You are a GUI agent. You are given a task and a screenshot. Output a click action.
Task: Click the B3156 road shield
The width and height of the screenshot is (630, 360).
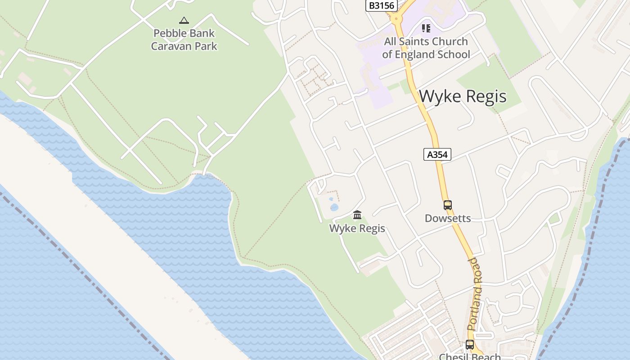[381, 6]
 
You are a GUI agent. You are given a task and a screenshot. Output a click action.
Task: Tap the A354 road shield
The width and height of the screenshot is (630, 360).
[437, 154]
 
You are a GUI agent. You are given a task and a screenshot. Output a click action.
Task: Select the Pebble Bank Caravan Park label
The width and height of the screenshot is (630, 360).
[184, 40]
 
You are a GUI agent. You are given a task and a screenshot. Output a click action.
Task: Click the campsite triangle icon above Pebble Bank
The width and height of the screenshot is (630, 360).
[184, 20]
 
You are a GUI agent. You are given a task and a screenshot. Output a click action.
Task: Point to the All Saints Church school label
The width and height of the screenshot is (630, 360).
[426, 48]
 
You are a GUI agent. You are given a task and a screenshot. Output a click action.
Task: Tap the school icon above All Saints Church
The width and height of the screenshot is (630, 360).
[426, 28]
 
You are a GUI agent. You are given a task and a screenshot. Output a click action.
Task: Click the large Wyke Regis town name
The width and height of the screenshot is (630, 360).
[463, 96]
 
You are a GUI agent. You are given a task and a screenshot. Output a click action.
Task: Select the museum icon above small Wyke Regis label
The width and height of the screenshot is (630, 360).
[357, 215]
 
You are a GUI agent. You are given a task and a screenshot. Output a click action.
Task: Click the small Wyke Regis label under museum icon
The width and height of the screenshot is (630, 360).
[357, 228]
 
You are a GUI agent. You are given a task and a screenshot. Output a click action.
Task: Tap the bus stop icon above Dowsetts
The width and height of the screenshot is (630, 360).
[448, 205]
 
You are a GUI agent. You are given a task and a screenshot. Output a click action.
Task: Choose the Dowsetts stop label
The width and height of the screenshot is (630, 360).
[448, 219]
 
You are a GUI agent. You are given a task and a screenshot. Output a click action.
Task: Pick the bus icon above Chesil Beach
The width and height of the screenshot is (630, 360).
[470, 345]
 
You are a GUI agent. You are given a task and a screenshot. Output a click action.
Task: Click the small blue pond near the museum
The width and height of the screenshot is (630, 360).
[334, 207]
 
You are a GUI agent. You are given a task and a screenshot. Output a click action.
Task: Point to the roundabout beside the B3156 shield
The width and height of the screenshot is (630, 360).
[396, 18]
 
